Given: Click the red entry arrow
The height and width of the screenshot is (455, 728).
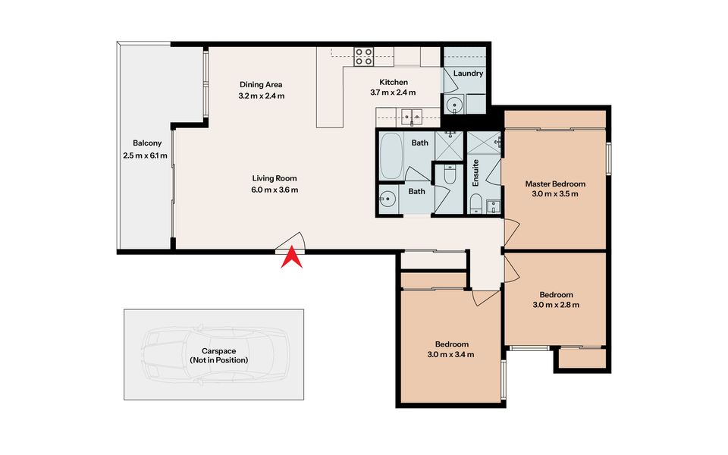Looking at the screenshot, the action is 291,259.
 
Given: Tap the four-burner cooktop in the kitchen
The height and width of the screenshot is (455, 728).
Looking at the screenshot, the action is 363,57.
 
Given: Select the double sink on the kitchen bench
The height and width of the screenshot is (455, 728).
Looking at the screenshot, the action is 412,115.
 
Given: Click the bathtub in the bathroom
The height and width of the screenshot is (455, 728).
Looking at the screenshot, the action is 391,156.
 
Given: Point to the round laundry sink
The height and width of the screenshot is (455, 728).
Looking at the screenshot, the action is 454,105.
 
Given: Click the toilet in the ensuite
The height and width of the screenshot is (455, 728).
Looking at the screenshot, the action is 476,204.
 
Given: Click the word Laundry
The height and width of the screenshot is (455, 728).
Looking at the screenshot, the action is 468,74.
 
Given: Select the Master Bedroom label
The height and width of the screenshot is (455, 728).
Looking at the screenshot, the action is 555,184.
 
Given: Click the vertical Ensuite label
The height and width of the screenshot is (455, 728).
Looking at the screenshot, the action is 475,173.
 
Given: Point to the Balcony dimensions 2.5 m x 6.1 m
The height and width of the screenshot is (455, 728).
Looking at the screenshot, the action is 146,155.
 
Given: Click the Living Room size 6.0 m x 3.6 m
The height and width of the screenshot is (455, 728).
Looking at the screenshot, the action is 275,190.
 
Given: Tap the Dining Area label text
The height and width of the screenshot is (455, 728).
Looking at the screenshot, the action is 261,84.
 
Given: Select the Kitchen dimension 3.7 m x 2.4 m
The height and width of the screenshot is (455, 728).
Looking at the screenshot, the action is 393,93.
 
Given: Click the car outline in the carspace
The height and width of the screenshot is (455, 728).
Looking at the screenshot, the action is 215,355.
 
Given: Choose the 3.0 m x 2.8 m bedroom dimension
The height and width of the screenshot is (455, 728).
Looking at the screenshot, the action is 556,305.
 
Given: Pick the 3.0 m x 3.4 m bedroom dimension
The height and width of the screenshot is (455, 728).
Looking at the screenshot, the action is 450,355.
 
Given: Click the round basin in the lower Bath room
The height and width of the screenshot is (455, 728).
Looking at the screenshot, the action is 387,199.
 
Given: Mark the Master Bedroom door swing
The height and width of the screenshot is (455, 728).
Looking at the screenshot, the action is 512,232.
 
